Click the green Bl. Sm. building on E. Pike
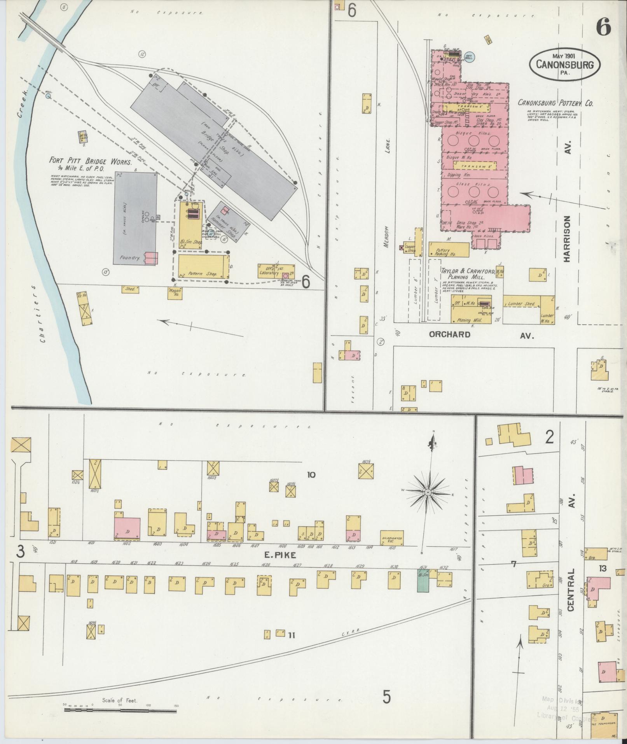coord(423,582)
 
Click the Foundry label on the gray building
coord(129,257)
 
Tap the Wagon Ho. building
coord(175,292)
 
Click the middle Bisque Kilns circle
coord(473,140)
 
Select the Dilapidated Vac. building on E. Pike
coord(392,538)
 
